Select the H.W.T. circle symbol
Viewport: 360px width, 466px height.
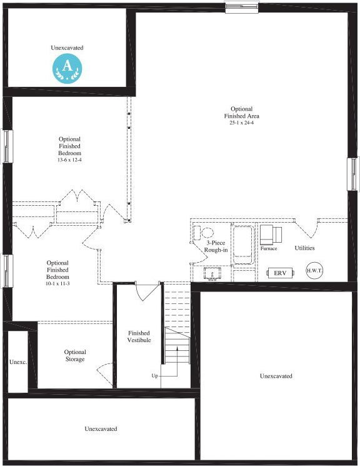[314, 271]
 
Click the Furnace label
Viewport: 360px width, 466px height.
[269, 248]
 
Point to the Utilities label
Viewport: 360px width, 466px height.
[304, 248]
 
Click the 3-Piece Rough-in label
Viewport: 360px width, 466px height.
[216, 246]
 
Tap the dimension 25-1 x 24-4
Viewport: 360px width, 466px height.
[241, 123]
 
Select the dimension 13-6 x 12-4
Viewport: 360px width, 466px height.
[69, 160]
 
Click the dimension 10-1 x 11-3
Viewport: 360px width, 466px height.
[57, 284]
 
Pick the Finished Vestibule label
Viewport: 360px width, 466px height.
[139, 337]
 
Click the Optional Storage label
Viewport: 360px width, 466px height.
[75, 355]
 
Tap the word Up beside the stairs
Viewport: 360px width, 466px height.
[154, 376]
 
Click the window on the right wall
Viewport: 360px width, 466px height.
[352, 173]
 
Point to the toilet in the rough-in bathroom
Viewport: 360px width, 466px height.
[206, 233]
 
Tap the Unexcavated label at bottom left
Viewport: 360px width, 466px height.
[101, 428]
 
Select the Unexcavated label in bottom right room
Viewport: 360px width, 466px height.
[276, 376]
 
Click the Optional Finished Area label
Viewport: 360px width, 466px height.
[241, 113]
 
